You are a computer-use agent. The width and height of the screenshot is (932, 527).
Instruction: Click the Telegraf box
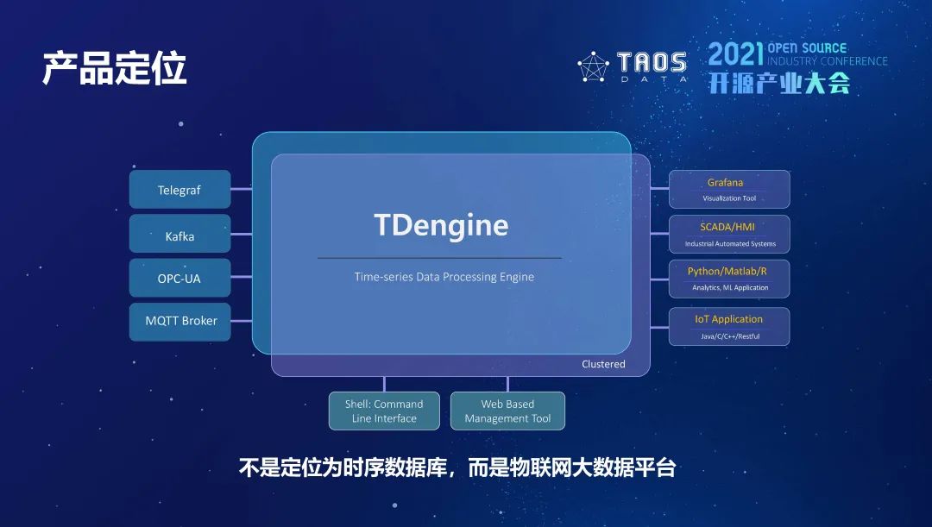point(179,190)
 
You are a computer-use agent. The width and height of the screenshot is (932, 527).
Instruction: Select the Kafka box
point(179,235)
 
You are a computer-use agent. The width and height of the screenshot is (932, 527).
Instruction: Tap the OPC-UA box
point(179,279)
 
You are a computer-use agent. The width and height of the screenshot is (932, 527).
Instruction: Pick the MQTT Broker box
point(180,321)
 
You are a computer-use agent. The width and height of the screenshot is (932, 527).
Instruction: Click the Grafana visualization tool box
point(729,190)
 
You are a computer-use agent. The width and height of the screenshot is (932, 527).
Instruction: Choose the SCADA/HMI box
point(729,235)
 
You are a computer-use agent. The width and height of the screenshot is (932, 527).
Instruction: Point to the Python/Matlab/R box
point(729,279)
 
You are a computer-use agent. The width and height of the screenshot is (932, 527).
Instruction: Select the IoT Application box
point(729,326)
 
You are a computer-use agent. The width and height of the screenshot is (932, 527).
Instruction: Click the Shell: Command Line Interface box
point(384,411)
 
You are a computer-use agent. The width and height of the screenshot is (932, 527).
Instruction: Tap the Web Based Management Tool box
point(507,411)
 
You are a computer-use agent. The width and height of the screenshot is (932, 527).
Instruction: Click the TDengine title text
point(441,226)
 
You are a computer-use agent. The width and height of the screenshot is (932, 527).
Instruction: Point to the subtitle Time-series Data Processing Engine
point(444,277)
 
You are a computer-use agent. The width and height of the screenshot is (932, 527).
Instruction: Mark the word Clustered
point(603,364)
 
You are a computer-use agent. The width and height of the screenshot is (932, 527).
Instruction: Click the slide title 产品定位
point(114,69)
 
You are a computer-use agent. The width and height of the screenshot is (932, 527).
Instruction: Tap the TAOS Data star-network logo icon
point(593,67)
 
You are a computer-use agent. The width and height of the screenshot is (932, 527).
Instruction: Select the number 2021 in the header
point(735,54)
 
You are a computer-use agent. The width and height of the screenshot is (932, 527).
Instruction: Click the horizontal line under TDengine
point(439,258)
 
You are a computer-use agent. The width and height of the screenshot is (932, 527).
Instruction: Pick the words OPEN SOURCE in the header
point(807,48)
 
